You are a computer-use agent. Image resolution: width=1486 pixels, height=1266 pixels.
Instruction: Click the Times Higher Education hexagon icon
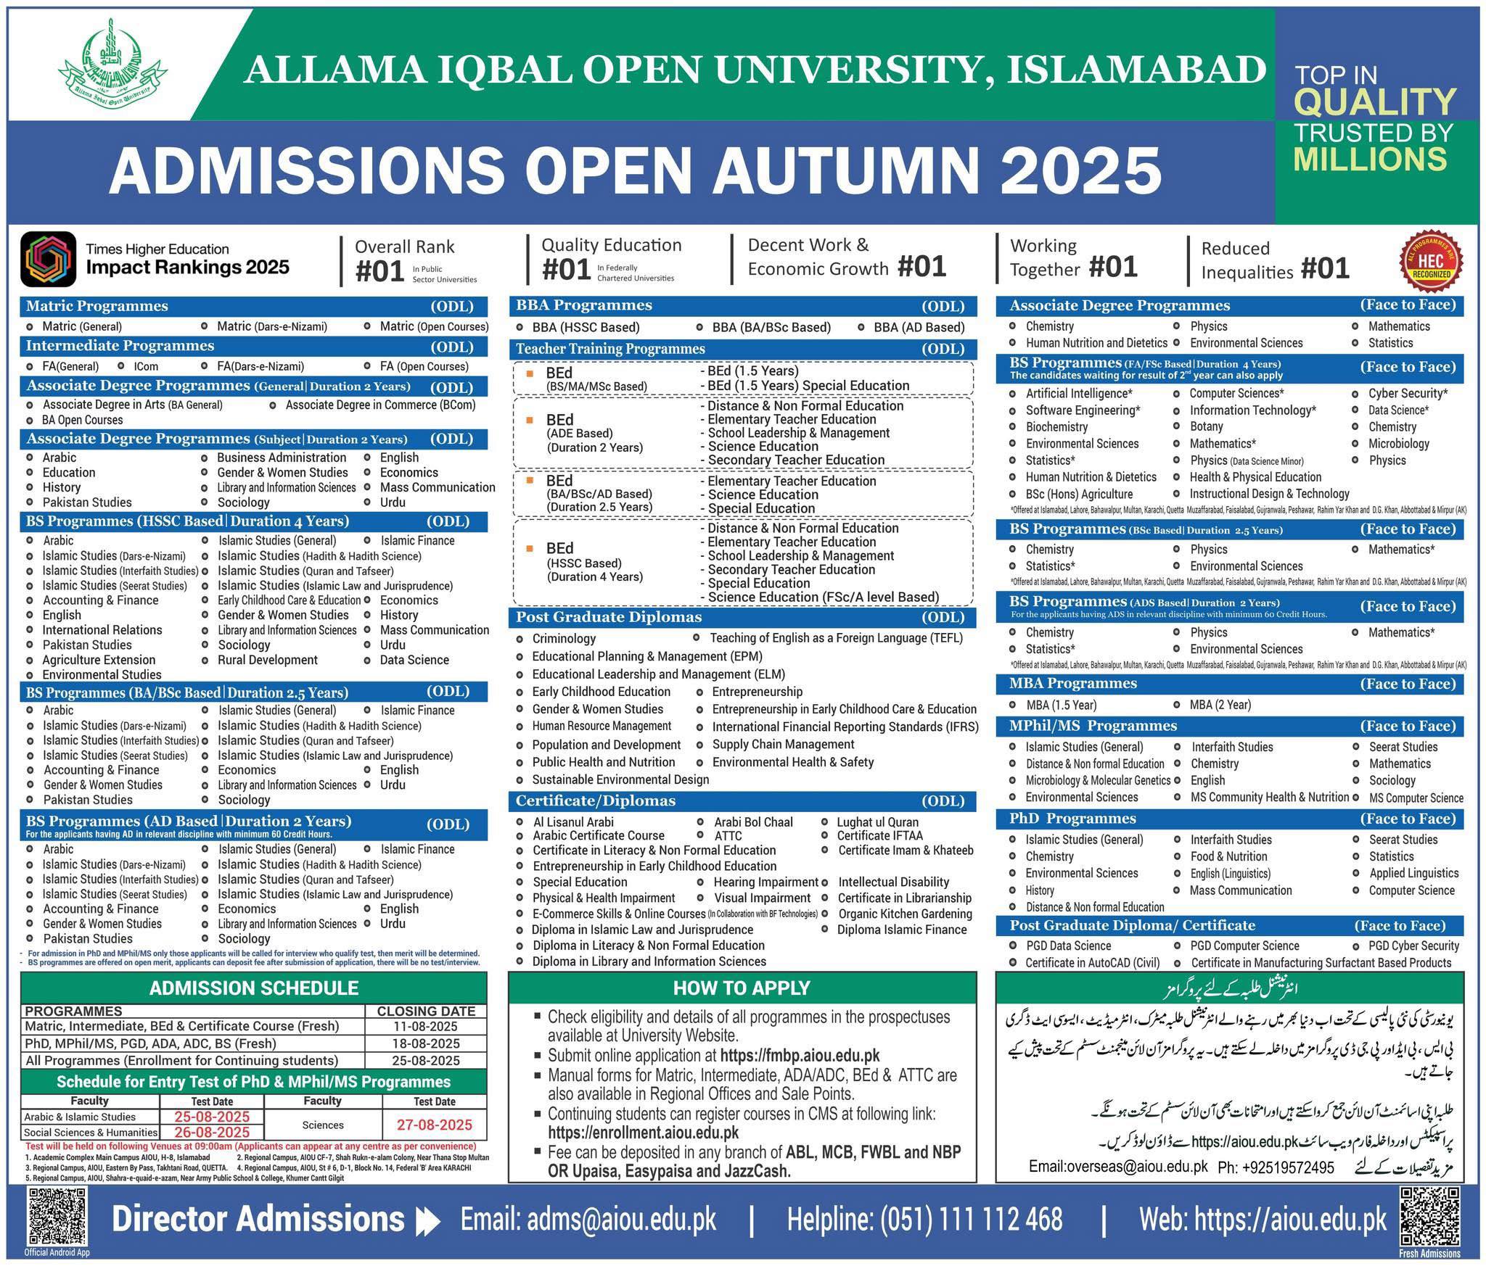pos(49,259)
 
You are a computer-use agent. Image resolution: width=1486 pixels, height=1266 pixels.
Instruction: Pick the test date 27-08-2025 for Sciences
pos(434,1125)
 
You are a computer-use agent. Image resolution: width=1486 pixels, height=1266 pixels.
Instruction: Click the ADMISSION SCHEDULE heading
pos(253,988)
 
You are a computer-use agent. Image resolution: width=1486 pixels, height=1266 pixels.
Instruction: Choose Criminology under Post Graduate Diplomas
pos(564,639)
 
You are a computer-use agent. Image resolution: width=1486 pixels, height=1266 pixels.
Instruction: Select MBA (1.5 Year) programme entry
pos(1061,705)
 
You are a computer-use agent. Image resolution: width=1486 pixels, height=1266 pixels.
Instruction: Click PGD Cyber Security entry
pos(1413,946)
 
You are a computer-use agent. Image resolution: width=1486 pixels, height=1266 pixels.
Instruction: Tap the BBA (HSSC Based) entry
pos(586,327)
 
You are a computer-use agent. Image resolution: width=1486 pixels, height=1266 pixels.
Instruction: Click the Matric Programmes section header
pos(97,306)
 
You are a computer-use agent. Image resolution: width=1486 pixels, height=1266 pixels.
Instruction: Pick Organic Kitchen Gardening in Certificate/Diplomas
pos(905,914)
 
